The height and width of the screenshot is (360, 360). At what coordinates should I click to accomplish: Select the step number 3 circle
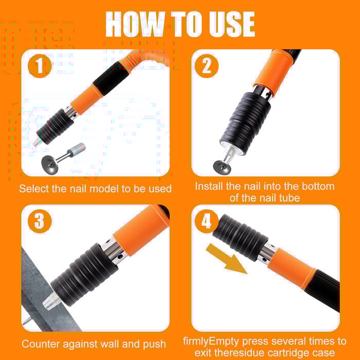[40, 222]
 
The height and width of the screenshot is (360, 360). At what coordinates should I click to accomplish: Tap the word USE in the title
[230, 24]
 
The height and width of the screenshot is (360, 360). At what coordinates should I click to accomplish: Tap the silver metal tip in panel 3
[51, 301]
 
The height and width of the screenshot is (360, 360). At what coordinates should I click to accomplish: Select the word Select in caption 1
[35, 189]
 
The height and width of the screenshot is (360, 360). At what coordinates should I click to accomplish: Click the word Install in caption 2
[209, 186]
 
